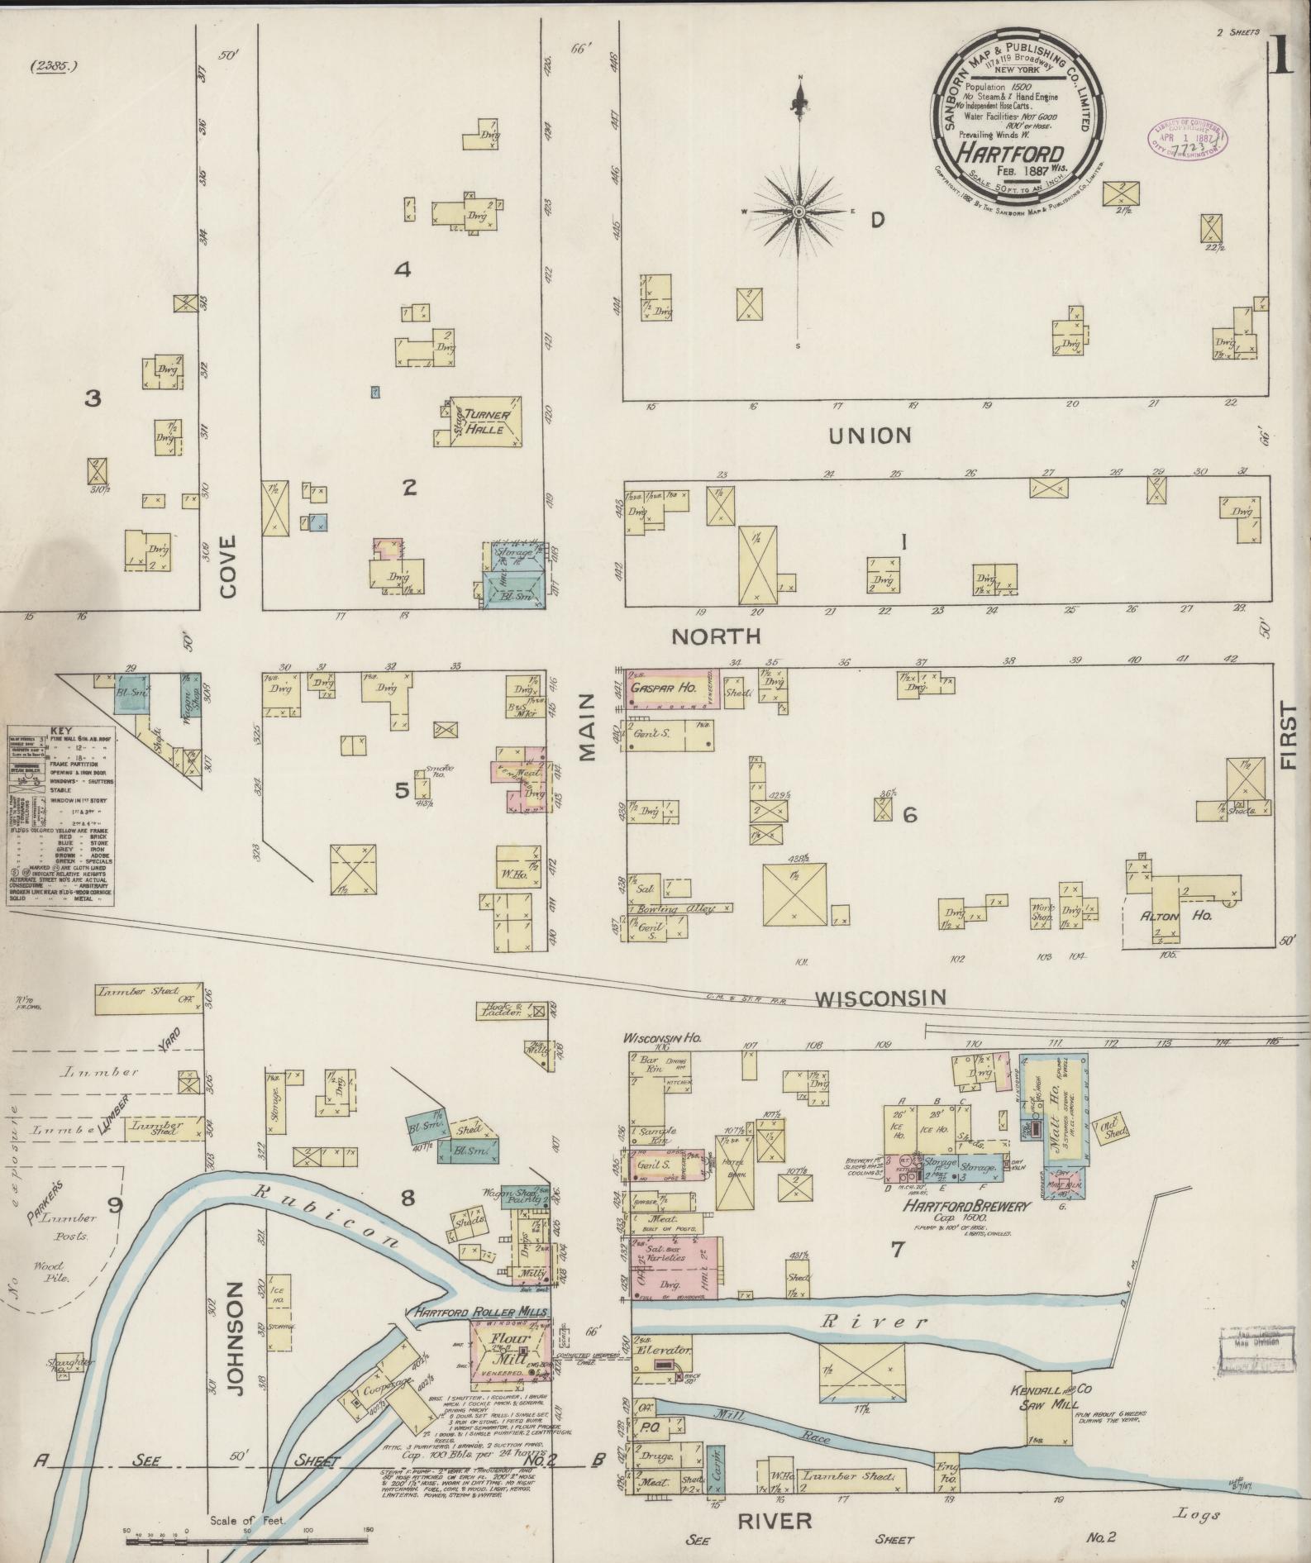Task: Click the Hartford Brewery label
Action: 966,1207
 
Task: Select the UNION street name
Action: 870,435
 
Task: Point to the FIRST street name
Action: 1287,736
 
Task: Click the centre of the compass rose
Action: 799,212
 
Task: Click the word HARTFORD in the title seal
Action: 1010,151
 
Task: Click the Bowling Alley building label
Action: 668,909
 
